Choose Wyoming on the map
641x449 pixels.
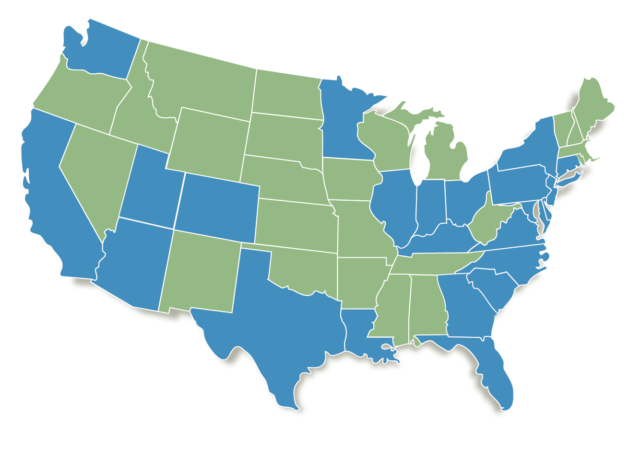[x=209, y=144]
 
